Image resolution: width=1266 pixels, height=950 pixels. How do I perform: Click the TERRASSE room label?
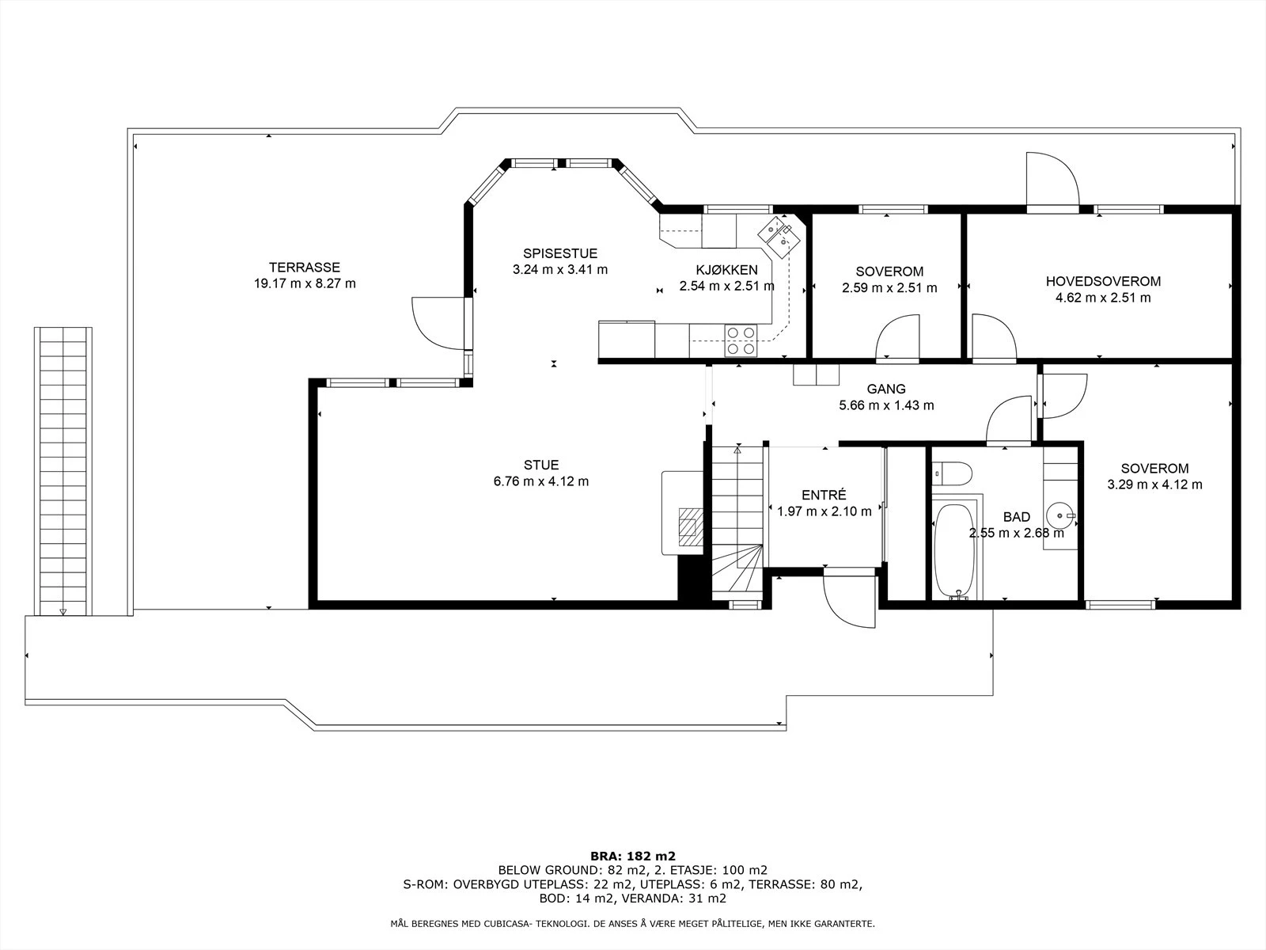tap(305, 268)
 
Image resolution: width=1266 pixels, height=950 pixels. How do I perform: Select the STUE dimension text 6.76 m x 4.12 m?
tap(541, 481)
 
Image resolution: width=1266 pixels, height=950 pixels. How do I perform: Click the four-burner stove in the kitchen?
tap(741, 340)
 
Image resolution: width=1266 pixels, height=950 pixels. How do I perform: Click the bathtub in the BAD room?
tap(954, 551)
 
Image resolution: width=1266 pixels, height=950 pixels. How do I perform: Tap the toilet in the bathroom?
tap(952, 473)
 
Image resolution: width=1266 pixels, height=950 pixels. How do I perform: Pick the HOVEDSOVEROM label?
tap(1103, 282)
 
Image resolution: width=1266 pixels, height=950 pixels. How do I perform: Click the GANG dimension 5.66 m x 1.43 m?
tap(886, 405)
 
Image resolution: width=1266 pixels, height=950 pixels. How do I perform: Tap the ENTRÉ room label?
tap(824, 495)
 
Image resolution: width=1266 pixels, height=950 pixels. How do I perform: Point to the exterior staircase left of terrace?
tap(63, 471)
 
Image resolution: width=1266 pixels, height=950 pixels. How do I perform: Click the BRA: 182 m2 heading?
tap(633, 857)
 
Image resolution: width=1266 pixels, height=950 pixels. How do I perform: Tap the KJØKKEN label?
tap(726, 270)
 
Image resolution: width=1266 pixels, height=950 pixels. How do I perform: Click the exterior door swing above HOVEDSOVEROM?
tap(1052, 179)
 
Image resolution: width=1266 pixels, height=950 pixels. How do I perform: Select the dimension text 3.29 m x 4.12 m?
tap(1154, 484)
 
